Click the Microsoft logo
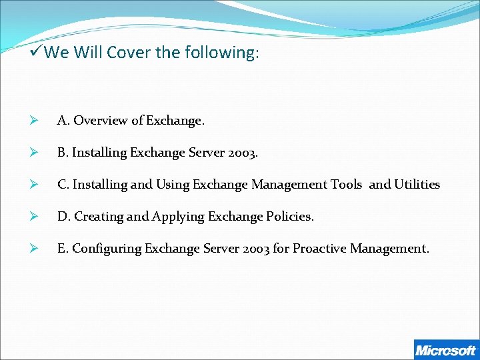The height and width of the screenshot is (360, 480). pyautogui.click(x=445, y=350)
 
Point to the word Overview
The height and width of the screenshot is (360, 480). pyautogui.click(x=101, y=121)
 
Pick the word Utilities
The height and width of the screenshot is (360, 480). pyautogui.click(x=417, y=185)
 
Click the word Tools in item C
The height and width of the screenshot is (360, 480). pyautogui.click(x=345, y=185)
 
